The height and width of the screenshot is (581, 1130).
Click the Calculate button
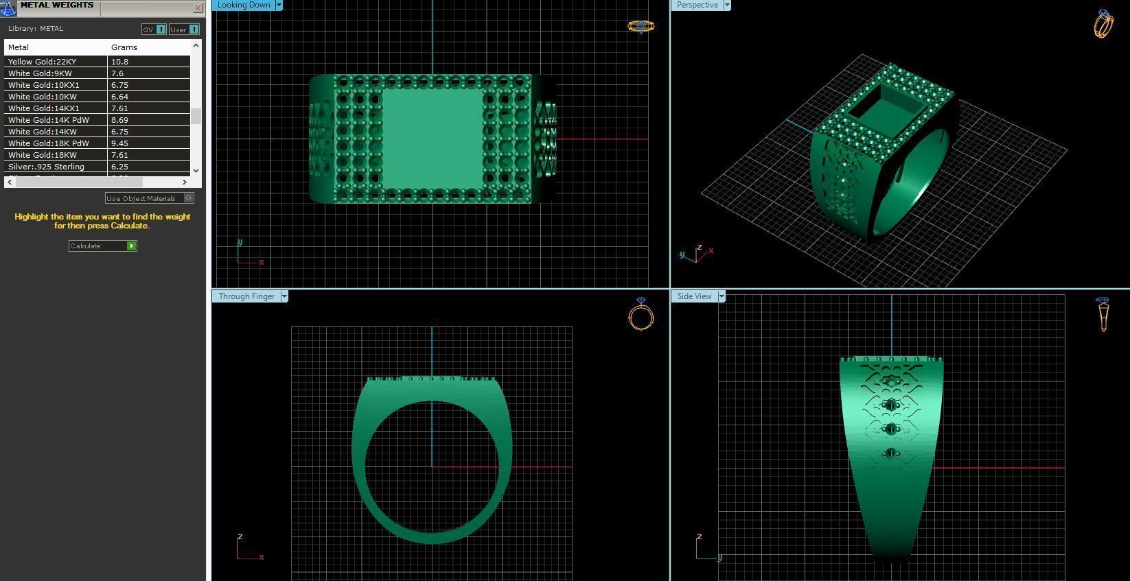102,246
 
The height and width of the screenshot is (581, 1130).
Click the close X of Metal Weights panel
198,8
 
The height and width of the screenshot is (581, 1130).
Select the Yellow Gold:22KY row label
42,62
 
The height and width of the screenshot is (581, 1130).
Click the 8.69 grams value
120,120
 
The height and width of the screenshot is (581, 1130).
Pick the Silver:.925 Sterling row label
46,167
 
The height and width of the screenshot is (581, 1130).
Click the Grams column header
124,47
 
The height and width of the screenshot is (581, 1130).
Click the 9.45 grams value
120,143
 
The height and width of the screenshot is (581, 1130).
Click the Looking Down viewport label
244,5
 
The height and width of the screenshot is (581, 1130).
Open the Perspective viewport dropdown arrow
727,5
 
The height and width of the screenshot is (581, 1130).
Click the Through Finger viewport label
246,296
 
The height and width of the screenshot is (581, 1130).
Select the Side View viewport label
694,296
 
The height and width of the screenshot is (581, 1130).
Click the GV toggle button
154,29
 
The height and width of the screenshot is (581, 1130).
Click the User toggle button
184,29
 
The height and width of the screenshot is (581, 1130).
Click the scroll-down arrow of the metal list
196,170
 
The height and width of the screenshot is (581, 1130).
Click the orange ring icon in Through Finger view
641,315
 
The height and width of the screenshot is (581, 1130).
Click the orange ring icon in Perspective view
1103,24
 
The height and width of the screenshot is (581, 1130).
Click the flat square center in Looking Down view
432,139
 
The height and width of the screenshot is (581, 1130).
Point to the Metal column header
19,47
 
